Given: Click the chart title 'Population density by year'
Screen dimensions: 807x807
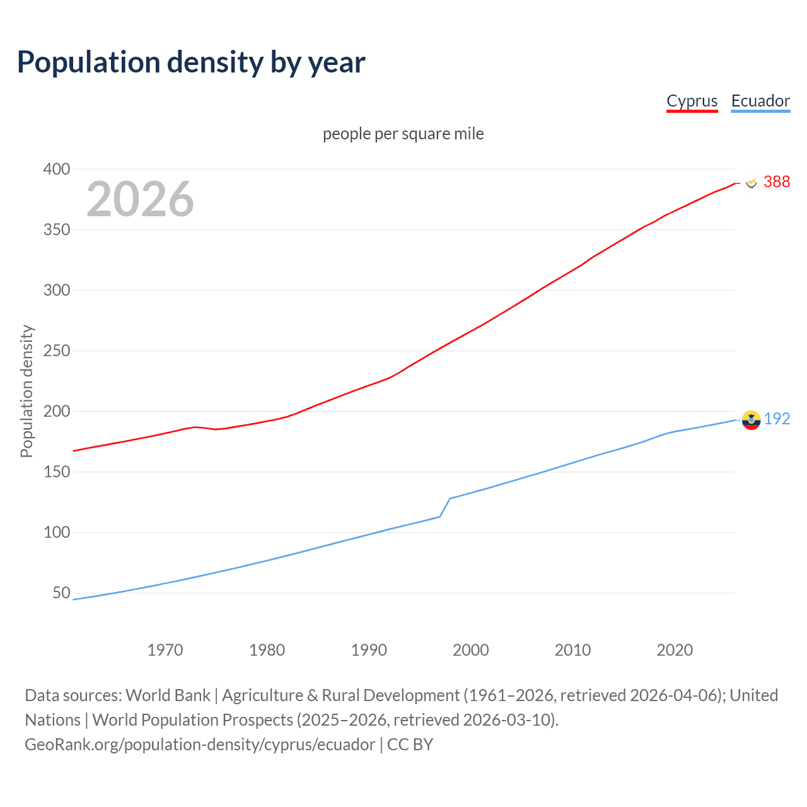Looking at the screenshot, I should (x=191, y=62).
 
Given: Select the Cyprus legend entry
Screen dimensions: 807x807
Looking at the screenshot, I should (x=692, y=102).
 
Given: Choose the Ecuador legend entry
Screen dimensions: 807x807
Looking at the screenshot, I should (x=760, y=102).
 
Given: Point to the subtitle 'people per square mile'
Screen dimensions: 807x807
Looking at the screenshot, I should (x=403, y=134).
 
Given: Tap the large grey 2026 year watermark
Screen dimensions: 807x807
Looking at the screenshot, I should (x=140, y=199).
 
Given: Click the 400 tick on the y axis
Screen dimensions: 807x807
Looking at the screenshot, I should (x=56, y=169).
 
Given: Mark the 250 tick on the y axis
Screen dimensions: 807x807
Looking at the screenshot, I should (x=56, y=351).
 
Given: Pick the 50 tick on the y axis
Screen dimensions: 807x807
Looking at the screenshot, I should (x=61, y=593).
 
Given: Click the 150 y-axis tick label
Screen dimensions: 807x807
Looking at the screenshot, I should (x=56, y=472).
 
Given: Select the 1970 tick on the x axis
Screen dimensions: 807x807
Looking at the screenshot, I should (x=165, y=650).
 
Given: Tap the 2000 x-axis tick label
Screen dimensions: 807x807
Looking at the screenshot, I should (x=470, y=650).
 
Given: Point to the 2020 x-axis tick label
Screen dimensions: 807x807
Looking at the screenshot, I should (x=675, y=650).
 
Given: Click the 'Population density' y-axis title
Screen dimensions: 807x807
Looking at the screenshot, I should (x=26, y=391).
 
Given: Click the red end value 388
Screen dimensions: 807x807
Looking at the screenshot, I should (x=776, y=182).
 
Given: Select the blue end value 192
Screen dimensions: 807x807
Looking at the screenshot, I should (x=777, y=419).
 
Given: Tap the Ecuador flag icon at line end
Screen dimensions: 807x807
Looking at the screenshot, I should (x=751, y=419).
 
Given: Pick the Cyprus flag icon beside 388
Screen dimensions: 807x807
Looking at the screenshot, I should (x=751, y=182).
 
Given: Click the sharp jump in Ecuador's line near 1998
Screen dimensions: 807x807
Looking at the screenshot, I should (x=445, y=507).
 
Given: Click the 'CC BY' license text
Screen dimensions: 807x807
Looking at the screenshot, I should (x=410, y=745).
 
